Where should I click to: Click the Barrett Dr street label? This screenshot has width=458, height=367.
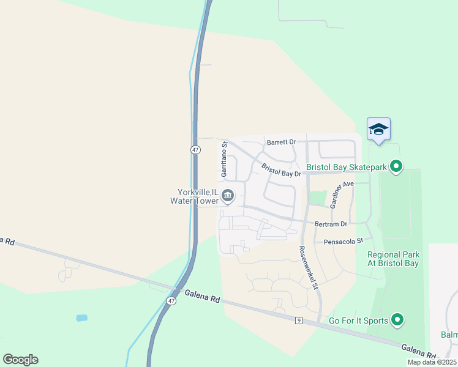pyautogui.click(x=281, y=142)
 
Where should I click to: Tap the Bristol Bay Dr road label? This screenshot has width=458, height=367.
pyautogui.click(x=282, y=171)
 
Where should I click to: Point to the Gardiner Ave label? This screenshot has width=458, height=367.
pyautogui.click(x=342, y=195)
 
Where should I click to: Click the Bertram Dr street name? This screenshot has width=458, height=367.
pyautogui.click(x=331, y=224)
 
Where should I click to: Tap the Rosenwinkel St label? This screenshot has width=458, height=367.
pyautogui.click(x=309, y=267)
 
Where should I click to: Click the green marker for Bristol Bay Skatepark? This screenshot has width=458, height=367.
pyautogui.click(x=396, y=166)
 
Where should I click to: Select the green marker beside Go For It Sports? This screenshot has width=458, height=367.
pyautogui.click(x=397, y=320)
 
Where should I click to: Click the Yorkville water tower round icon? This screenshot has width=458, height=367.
pyautogui.click(x=228, y=196)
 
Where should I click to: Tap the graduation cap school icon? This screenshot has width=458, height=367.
pyautogui.click(x=378, y=129)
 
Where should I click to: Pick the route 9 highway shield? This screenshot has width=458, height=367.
pyautogui.click(x=298, y=321)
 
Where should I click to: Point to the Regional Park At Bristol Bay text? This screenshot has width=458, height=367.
pyautogui.click(x=393, y=259)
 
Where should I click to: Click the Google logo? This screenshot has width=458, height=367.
pyautogui.click(x=20, y=360)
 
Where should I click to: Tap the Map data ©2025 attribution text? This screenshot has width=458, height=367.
pyautogui.click(x=432, y=362)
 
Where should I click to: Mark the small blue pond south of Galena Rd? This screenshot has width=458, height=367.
pyautogui.click(x=81, y=318)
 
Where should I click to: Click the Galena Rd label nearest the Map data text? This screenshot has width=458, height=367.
pyautogui.click(x=419, y=351)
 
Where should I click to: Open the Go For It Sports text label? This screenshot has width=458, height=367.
pyautogui.click(x=358, y=321)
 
